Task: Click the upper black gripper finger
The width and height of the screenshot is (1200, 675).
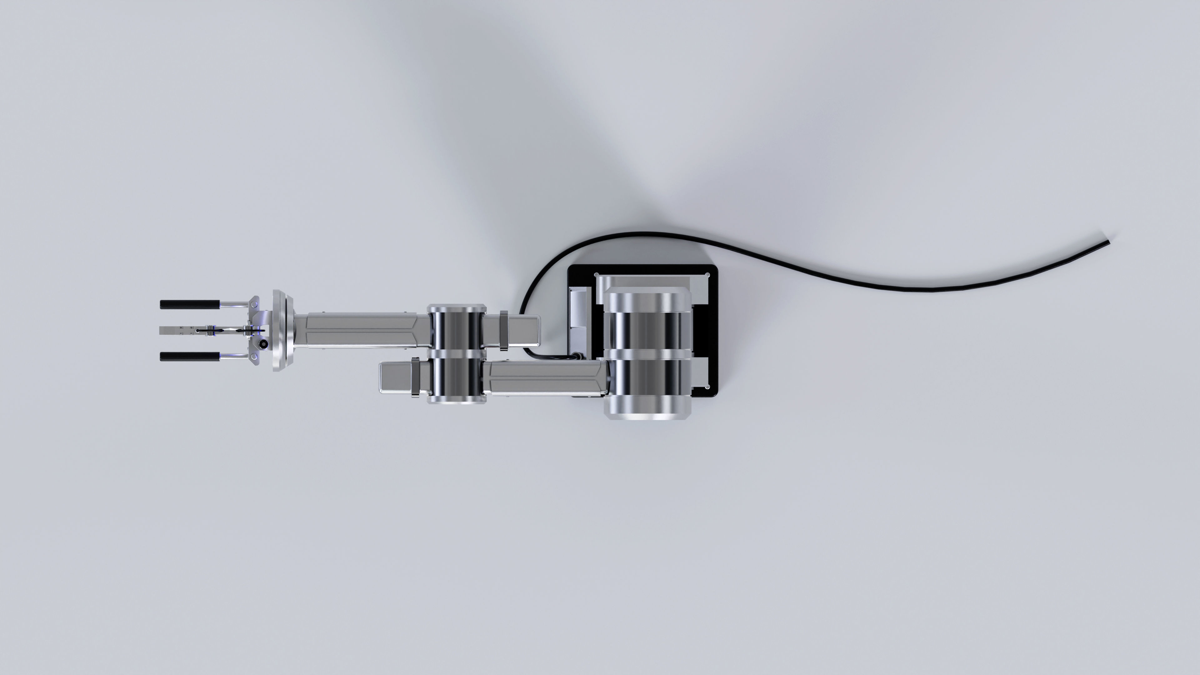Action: pyautogui.click(x=189, y=304)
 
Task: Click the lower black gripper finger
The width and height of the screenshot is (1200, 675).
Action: pyautogui.click(x=189, y=356)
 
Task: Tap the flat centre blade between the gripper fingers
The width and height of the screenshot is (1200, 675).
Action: pyautogui.click(x=177, y=330)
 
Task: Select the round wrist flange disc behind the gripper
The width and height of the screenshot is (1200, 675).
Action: pyautogui.click(x=282, y=330)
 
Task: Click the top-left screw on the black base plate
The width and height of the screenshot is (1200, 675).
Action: pyautogui.click(x=597, y=275)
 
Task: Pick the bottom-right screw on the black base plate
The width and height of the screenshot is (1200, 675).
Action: pyautogui.click(x=707, y=387)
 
